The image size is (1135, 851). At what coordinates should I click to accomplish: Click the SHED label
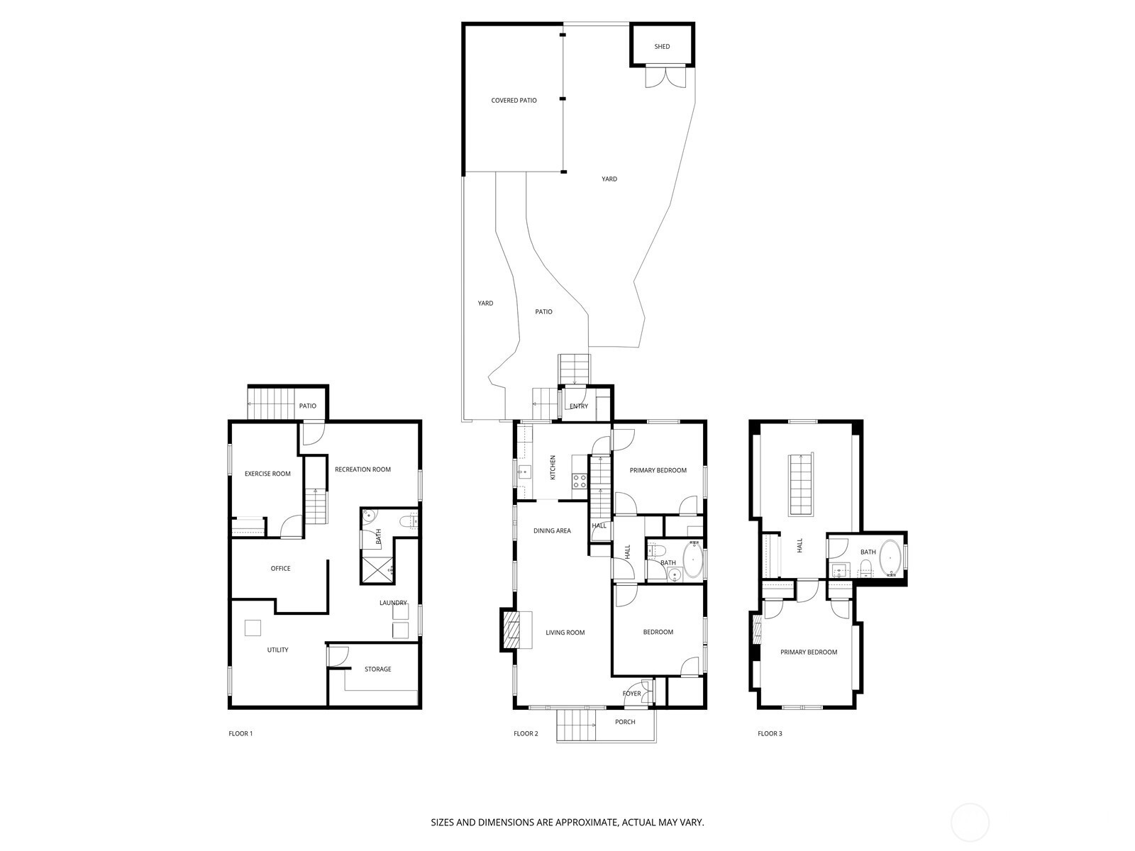point(662,47)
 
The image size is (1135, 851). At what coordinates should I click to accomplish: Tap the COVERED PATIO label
point(514,101)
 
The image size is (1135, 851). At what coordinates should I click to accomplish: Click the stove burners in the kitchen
point(580,482)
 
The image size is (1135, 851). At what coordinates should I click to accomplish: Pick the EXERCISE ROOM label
point(267,474)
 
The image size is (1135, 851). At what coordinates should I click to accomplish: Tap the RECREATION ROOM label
point(362,469)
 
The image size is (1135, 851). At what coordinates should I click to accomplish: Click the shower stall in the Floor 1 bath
point(378,569)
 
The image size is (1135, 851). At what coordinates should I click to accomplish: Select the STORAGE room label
point(377,669)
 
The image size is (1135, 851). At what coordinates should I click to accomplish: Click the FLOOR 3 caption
point(770,734)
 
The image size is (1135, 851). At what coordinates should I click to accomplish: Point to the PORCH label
point(625,722)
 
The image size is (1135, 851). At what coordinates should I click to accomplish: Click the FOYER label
point(631,694)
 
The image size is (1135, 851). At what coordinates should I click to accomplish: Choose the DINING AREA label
point(552,531)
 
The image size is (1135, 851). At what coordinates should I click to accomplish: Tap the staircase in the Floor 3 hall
point(801,484)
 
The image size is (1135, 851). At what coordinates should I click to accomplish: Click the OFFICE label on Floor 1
point(280,569)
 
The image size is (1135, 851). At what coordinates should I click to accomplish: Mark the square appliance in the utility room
point(253,628)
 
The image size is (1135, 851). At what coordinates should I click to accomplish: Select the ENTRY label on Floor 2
point(579,406)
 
